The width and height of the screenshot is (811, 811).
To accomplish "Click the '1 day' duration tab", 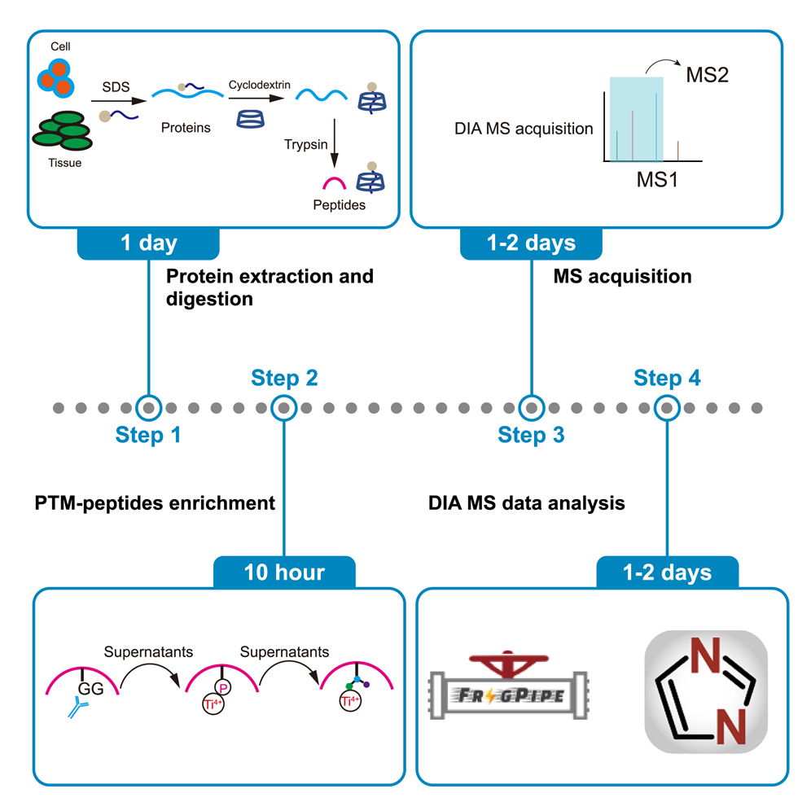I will pyautogui.click(x=148, y=243).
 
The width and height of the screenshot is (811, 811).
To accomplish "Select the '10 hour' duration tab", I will pyautogui.click(x=283, y=572).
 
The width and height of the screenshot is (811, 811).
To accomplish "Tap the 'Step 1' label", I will pyautogui.click(x=147, y=436).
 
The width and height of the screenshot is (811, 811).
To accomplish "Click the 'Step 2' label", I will pyautogui.click(x=283, y=378).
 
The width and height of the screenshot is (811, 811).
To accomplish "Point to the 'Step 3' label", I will pyautogui.click(x=531, y=436).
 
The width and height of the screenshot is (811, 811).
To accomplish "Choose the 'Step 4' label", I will pyautogui.click(x=667, y=378).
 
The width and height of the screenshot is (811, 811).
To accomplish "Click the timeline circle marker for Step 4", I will pyautogui.click(x=667, y=406).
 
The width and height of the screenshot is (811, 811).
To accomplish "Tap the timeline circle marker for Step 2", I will pyautogui.click(x=283, y=406).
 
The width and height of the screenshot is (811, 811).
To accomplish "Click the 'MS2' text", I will pyautogui.click(x=706, y=77).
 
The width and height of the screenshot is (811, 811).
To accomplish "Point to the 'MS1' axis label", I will pyautogui.click(x=657, y=178).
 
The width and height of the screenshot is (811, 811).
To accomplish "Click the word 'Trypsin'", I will pyautogui.click(x=305, y=144).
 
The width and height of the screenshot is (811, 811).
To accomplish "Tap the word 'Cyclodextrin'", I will pyautogui.click(x=256, y=84).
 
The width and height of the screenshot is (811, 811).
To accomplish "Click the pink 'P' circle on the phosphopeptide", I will pyautogui.click(x=223, y=686).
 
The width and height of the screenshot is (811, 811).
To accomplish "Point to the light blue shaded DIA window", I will pyautogui.click(x=637, y=118).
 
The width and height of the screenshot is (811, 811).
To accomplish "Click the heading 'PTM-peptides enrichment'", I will pyautogui.click(x=155, y=503).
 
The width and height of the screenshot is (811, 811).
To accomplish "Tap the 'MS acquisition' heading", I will pyautogui.click(x=622, y=277).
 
